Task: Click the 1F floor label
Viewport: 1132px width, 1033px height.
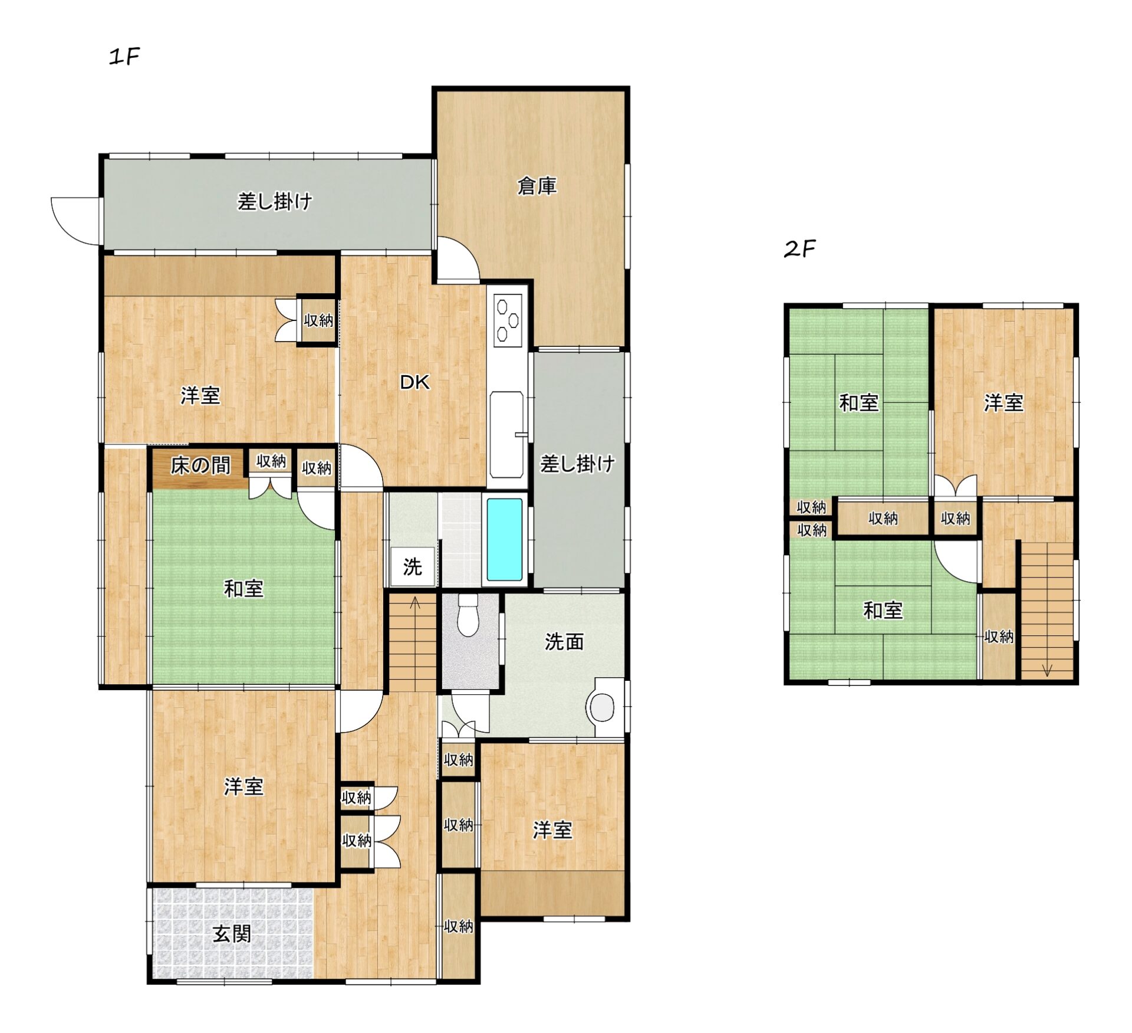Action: tap(124, 57)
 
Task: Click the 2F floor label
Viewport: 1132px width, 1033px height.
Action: tap(799, 249)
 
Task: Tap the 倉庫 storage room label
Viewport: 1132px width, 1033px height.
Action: tap(537, 186)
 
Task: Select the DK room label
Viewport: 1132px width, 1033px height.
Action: tap(414, 382)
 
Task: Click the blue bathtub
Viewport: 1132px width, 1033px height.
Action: tap(505, 539)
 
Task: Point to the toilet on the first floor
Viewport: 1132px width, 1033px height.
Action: tap(468, 615)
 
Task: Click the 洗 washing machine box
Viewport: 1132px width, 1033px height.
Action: tap(413, 566)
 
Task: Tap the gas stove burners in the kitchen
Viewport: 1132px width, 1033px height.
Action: tap(508, 319)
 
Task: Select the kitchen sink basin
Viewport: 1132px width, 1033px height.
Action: tap(506, 434)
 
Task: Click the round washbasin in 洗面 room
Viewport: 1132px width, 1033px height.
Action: tap(601, 707)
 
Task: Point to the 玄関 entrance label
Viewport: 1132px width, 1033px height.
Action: tap(232, 934)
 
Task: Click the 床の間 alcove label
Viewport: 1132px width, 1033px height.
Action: tap(200, 465)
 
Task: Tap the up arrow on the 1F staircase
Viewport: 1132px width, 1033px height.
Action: tap(415, 603)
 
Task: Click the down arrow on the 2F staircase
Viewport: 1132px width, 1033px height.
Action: tap(1047, 670)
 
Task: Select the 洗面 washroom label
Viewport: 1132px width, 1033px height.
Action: tap(564, 641)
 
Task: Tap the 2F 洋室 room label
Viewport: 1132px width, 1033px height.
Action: tap(1003, 403)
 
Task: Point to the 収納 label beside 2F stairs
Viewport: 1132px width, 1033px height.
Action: tap(999, 637)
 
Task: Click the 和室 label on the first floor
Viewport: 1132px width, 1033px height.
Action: tap(243, 588)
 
